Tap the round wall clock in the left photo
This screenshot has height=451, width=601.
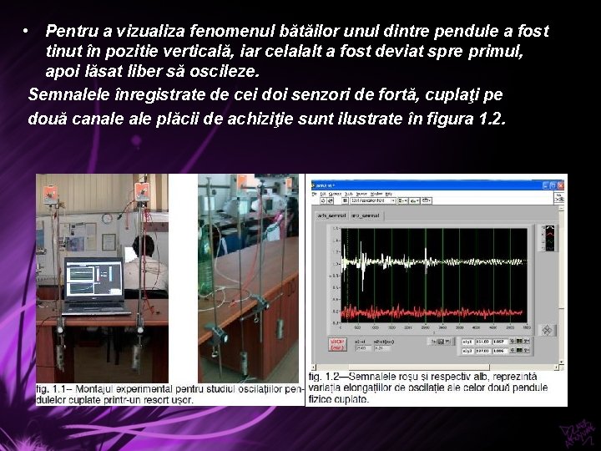click(108, 219)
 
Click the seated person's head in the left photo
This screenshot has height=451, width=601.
click(144, 246)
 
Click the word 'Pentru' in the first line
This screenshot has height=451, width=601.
click(71, 31)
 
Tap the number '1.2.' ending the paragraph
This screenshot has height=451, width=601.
click(492, 117)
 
